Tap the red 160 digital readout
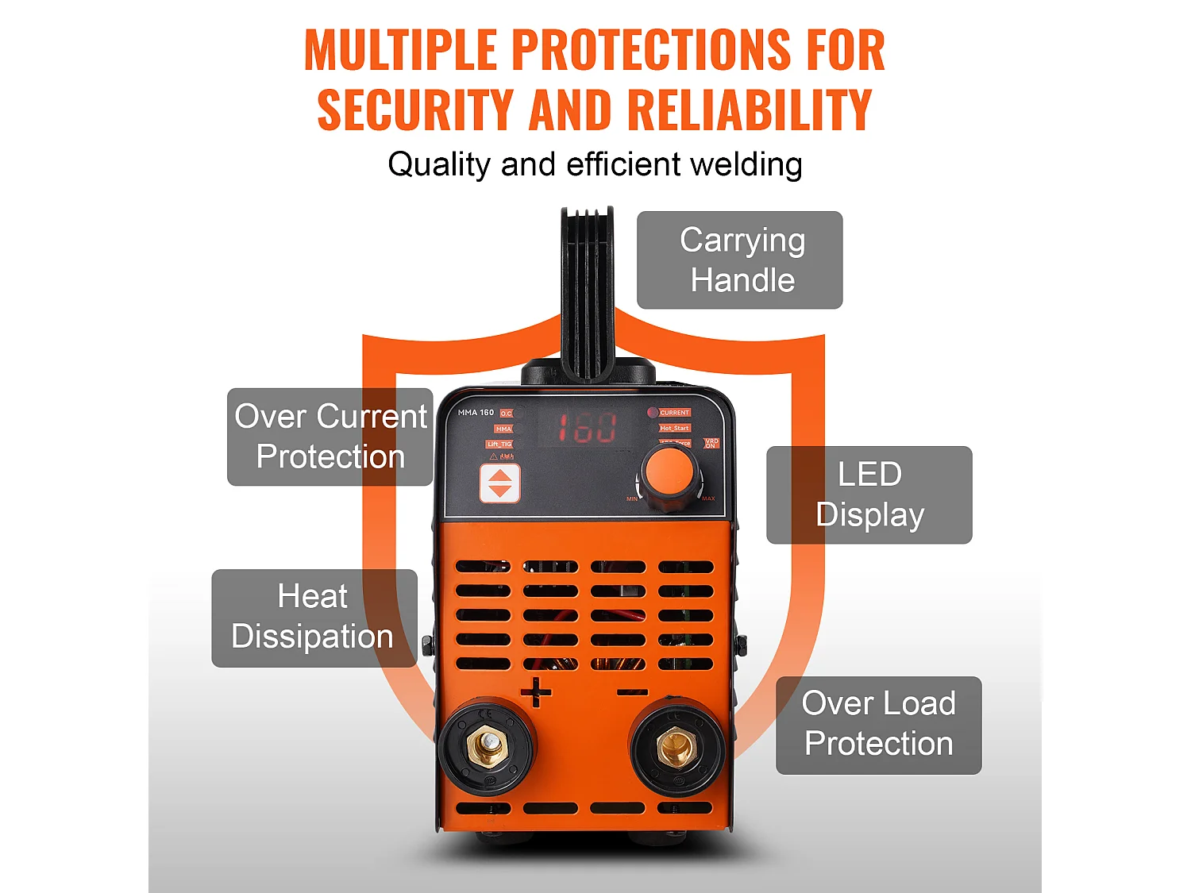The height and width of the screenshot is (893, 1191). point(586,427)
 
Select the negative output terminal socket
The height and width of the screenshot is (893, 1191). point(676,748)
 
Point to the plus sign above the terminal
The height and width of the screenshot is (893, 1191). point(536,692)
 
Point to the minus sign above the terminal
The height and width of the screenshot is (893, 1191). point(632,692)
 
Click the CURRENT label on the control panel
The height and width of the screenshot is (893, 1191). point(674,413)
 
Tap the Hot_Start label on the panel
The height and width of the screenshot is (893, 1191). point(674,428)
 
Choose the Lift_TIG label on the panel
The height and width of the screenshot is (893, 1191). point(500,445)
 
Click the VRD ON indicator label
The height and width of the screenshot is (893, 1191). point(711,443)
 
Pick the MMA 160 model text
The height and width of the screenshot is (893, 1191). point(476,413)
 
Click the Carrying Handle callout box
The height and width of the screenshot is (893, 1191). point(739,260)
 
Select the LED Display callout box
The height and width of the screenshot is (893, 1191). point(869,495)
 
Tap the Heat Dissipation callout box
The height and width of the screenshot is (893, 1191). point(314,618)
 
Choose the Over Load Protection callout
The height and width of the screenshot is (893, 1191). point(878,725)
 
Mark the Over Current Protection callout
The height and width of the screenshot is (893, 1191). point(330,437)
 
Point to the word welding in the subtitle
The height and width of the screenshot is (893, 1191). point(746,165)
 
